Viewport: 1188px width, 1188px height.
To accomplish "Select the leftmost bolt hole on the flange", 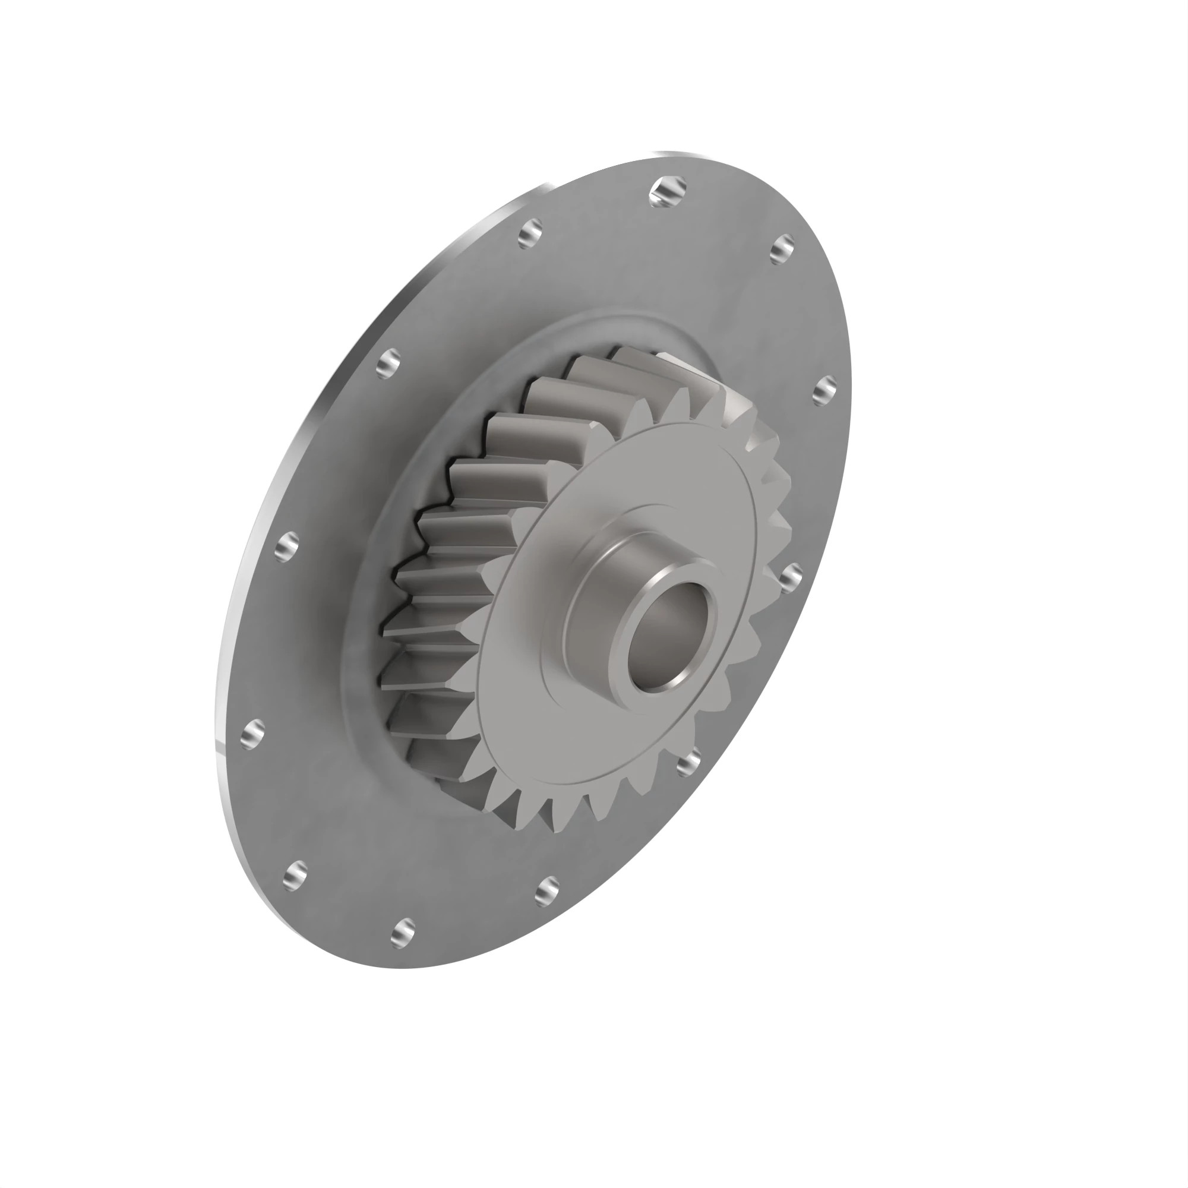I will tap(252, 734).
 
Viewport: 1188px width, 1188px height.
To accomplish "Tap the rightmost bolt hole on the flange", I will tap(824, 390).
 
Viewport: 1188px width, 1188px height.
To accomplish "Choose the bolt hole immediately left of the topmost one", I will tap(530, 233).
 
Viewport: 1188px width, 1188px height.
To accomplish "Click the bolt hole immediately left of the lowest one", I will tap(296, 875).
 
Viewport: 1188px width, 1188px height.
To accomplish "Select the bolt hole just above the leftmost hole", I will tap(286, 546).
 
